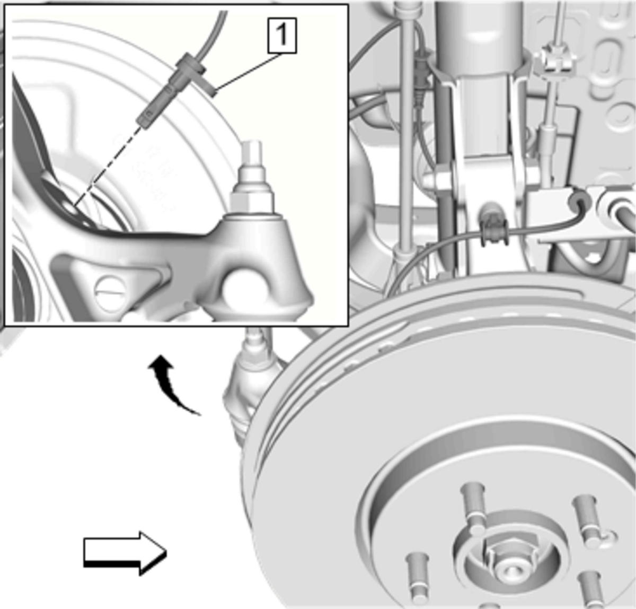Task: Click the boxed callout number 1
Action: pos(282,36)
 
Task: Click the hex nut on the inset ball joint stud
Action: pos(252,201)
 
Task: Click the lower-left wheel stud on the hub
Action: pos(417,577)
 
